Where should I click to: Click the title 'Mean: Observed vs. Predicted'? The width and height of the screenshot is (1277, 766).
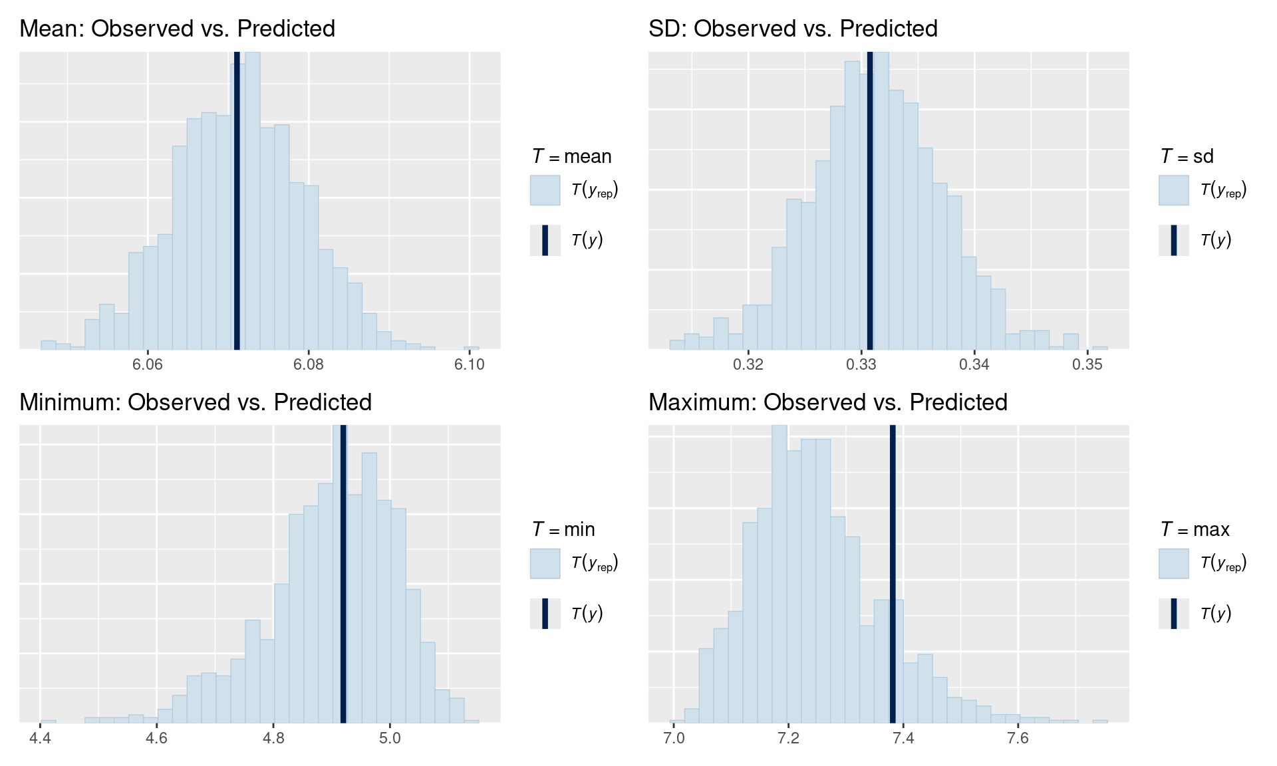pos(177,29)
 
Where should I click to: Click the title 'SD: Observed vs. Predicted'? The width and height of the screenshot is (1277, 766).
pos(793,29)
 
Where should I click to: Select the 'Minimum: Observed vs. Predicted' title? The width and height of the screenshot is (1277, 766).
pos(196,402)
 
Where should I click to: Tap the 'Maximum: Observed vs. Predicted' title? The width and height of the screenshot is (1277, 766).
pos(827,402)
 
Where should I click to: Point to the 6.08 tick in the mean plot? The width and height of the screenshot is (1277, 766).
pos(309,364)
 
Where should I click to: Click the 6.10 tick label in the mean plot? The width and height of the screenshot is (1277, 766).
pos(470,364)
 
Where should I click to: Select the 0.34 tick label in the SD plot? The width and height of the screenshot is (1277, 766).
pos(974,364)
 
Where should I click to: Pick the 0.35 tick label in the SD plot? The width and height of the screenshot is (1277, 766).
pos(1087,364)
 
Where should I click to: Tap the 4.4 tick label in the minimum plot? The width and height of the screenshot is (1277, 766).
pos(41,738)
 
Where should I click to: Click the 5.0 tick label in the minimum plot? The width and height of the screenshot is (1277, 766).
pos(390,738)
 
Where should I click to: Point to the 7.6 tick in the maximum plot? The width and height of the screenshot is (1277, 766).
pos(1018,738)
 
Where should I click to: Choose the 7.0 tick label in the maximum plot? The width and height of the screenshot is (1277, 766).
pos(674,738)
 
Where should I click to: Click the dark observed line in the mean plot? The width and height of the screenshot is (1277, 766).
pos(237,199)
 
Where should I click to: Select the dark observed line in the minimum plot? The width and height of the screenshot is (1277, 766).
pos(343,572)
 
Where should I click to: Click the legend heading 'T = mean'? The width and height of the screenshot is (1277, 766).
pos(571,156)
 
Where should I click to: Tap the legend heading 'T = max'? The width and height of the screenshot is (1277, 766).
pos(1195,529)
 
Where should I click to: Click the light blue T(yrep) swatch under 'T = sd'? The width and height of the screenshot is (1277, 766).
pos(1173,190)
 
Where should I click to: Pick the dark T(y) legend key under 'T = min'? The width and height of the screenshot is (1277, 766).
pos(545,613)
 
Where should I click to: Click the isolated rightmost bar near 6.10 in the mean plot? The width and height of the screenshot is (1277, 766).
pos(472,348)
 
